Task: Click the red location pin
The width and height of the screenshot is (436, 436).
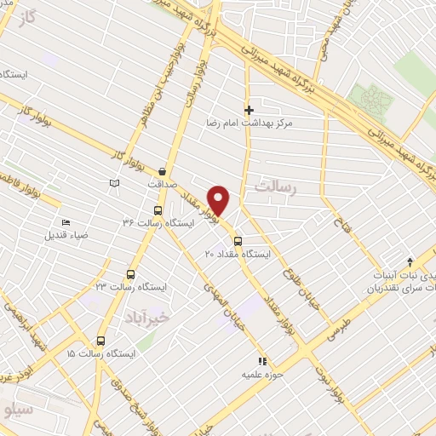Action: [220, 199]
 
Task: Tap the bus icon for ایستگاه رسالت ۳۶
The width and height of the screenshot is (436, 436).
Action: [157, 210]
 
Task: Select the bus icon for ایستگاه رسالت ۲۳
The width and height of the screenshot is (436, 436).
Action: [129, 274]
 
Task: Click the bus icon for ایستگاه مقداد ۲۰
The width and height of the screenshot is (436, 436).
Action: [238, 240]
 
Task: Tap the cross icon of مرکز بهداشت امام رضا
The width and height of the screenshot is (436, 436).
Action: [249, 110]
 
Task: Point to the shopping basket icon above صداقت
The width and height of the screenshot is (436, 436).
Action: [161, 170]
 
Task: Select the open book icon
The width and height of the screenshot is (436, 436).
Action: [114, 182]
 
